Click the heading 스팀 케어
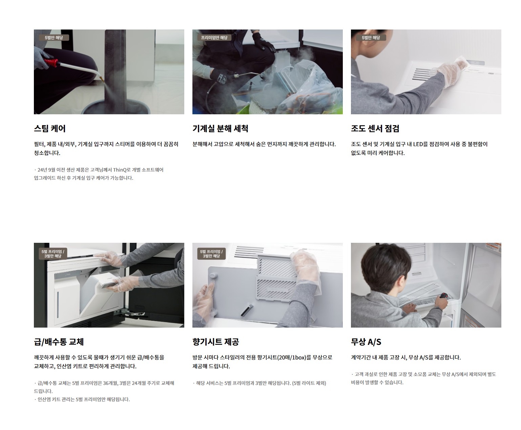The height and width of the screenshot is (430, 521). [x=50, y=129]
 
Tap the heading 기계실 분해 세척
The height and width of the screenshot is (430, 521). [x=220, y=129]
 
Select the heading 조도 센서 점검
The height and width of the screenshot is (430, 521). [x=375, y=129]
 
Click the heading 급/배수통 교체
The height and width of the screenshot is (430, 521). [x=59, y=341]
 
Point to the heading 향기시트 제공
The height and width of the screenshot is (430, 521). [x=215, y=341]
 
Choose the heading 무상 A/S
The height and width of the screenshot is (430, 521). [x=366, y=341]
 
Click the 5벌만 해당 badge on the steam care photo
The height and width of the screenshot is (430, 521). [x=54, y=38]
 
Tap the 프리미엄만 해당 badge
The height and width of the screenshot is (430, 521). [x=214, y=38]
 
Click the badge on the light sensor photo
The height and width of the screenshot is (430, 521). [x=371, y=38]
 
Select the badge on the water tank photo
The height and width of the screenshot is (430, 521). [x=53, y=254]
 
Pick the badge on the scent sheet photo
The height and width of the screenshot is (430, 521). [x=211, y=254]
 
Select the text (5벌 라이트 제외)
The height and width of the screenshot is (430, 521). [x=309, y=383]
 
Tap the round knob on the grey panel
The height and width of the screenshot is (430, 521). [x=213, y=276]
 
